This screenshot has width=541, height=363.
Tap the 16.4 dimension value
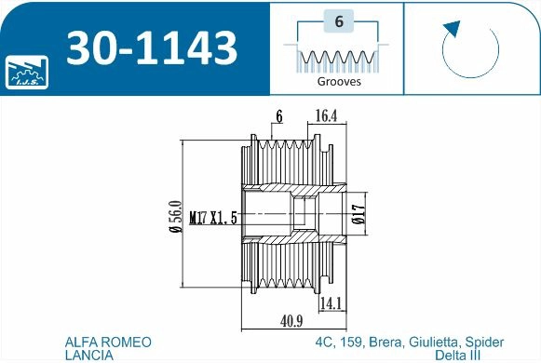327,115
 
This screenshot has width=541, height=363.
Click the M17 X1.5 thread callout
213,218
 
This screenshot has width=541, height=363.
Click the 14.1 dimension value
331,303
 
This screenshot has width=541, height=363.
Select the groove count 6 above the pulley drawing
278,115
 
